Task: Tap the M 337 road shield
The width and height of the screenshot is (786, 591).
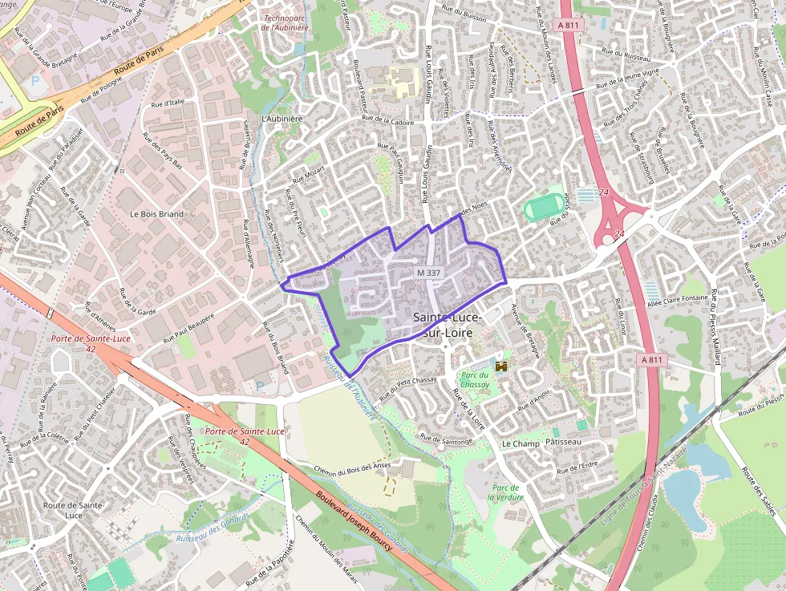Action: coord(429,273)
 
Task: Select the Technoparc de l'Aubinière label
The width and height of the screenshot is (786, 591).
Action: coord(285,22)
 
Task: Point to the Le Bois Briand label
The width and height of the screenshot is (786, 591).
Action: coord(156,215)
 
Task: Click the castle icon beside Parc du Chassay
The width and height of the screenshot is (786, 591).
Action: coord(503,366)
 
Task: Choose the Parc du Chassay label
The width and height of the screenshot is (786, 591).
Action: coord(474,380)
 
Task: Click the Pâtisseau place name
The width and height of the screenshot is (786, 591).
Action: coord(564,443)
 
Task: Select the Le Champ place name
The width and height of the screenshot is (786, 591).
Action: coord(521,443)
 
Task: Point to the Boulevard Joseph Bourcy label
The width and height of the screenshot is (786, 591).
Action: coord(354,522)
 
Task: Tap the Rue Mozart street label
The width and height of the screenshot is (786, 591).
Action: coord(308,173)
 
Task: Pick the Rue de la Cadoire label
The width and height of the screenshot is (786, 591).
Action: coord(388,122)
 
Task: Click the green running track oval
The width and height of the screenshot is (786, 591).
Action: coord(545,208)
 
